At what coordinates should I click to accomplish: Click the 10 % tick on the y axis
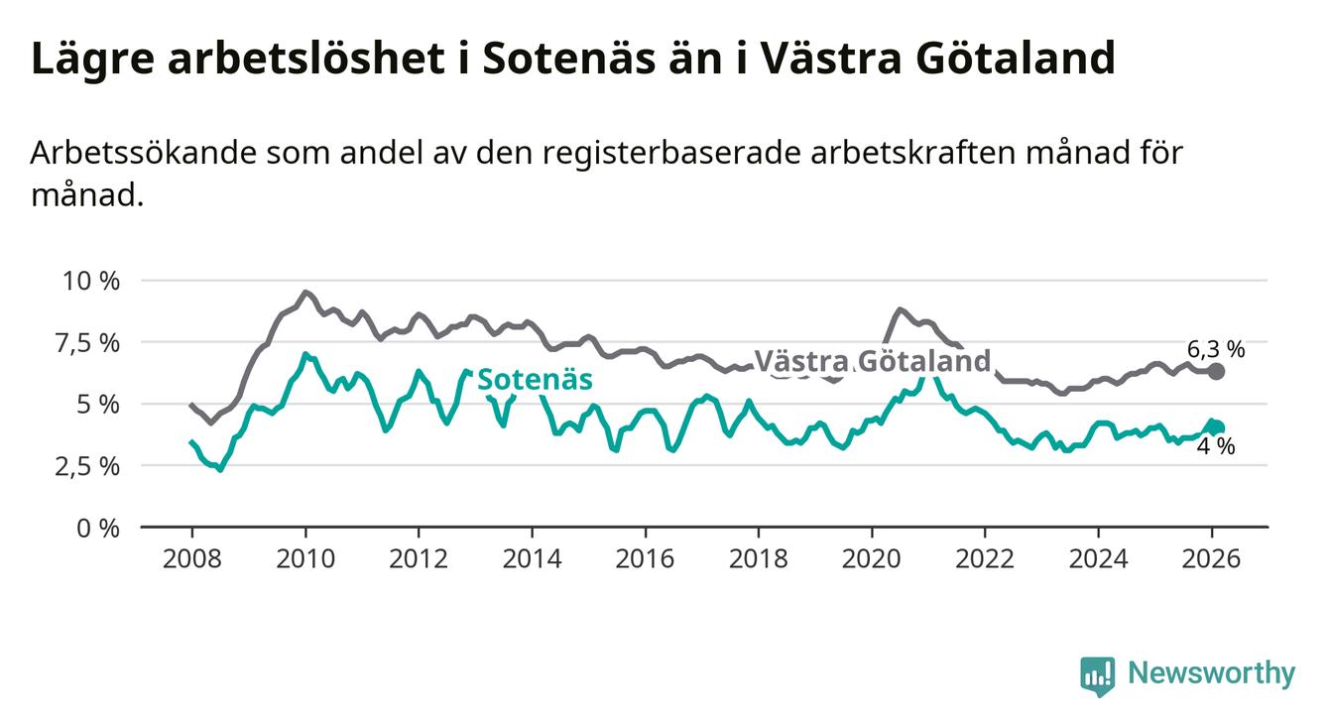coord(92,281)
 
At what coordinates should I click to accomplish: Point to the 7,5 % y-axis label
coord(90,343)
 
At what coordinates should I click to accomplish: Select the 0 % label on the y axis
coord(99,528)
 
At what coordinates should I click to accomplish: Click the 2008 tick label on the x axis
coord(191,558)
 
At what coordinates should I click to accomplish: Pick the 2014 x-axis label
coord(532,558)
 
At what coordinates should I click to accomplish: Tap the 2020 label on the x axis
coord(872,558)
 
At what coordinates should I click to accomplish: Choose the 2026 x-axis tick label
coord(1212,558)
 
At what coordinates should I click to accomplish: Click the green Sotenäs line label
coord(535,380)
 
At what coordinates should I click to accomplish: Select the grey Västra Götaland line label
coord(872,361)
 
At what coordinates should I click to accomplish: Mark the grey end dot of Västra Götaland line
coord(1217,371)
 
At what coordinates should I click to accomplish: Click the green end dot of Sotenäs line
coord(1217,427)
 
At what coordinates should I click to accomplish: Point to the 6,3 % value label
coord(1215,348)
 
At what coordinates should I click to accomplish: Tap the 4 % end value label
coord(1215,447)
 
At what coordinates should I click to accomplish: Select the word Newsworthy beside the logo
coord(1212,674)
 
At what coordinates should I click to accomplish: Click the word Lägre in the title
coord(87,60)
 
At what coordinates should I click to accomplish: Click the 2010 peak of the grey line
coord(305,293)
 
